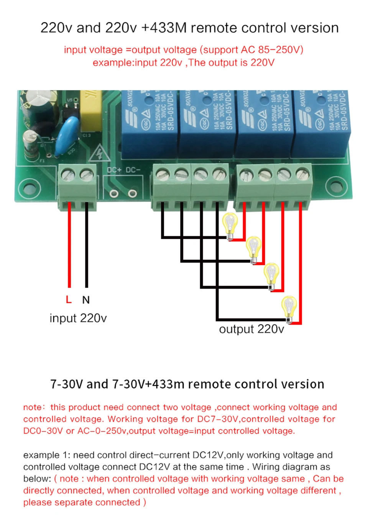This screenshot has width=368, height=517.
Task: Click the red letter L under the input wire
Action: tap(69, 299)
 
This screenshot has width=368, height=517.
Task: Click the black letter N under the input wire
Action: tap(86, 300)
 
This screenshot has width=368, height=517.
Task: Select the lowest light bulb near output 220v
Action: tap(289, 308)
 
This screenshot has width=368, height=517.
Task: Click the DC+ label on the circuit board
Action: tap(114, 170)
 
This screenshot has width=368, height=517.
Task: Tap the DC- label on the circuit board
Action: tap(133, 170)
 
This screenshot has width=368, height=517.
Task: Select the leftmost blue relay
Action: tap(149, 123)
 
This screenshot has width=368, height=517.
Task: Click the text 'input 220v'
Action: tap(78, 318)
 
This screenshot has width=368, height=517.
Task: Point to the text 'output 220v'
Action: tap(251, 329)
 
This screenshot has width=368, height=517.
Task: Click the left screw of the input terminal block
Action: tap(68, 176)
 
